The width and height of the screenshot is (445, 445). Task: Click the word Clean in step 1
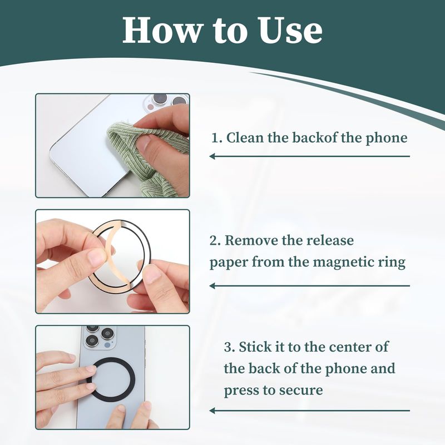[245, 137]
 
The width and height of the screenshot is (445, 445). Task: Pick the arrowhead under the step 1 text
[212, 156]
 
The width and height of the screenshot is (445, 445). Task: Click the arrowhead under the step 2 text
[212, 286]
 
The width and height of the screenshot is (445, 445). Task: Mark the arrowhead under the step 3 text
[212, 411]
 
